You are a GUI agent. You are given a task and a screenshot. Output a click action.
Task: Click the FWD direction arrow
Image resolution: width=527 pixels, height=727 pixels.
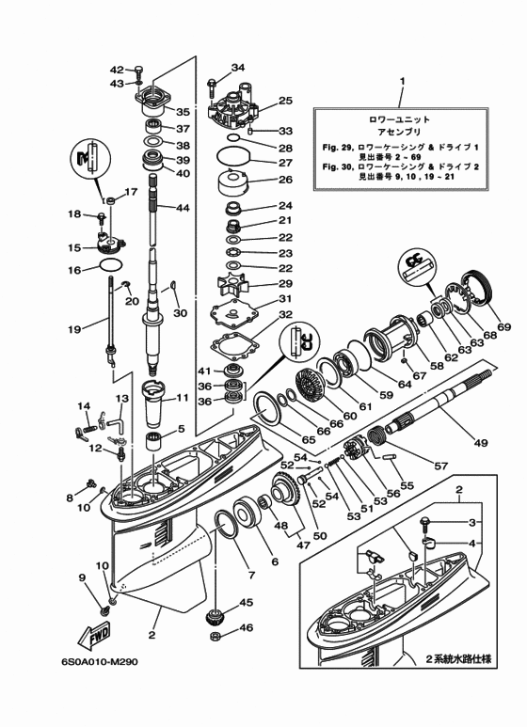coord(93,636)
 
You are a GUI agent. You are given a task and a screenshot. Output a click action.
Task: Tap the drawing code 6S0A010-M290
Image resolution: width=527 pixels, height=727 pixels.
coord(99,661)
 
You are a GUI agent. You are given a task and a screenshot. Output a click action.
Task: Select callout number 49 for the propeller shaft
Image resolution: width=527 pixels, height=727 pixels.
coord(481,442)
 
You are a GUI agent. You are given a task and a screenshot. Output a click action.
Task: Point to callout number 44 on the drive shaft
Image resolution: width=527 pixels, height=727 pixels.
coord(183,208)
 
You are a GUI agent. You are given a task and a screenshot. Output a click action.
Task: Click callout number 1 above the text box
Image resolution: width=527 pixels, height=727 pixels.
coord(402,81)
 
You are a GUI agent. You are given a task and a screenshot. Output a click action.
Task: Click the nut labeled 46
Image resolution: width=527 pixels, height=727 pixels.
coord(215,636)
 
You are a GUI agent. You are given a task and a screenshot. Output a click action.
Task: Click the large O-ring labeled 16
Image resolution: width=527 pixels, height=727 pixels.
coord(111,265)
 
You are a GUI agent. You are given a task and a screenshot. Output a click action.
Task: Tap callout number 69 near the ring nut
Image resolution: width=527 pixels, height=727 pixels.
coord(503,327)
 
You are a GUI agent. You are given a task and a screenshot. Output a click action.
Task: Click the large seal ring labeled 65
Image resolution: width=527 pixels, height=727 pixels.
coord(267,407)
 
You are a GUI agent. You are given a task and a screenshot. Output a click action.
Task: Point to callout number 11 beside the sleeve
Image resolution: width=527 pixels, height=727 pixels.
coord(183,398)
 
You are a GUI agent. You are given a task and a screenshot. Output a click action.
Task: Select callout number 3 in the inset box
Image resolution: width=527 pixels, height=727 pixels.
coord(471,523)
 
